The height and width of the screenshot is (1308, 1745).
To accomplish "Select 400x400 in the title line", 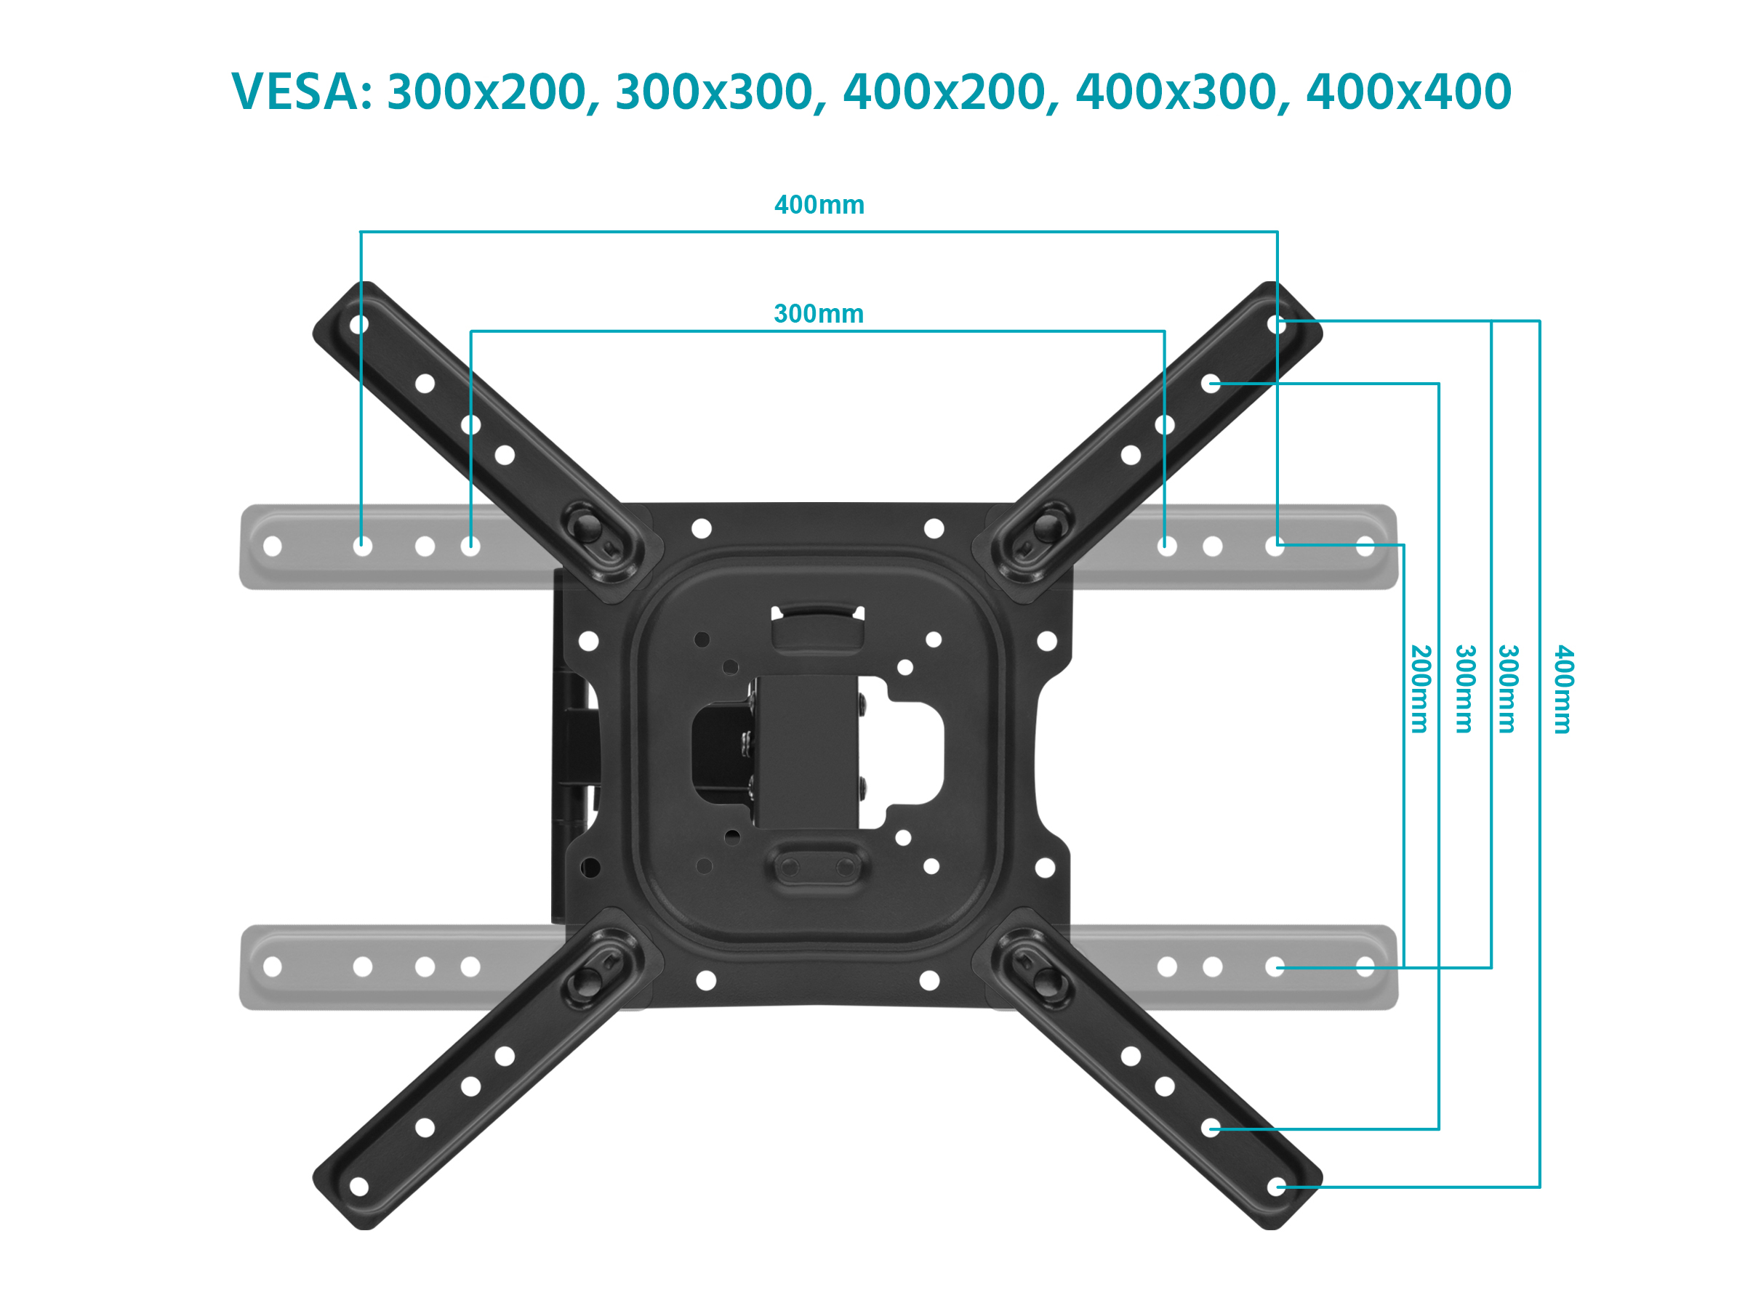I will tap(1408, 92).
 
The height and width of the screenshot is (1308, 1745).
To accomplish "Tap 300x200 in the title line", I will tap(489, 92).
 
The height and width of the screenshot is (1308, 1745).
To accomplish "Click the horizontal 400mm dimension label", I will tap(819, 205).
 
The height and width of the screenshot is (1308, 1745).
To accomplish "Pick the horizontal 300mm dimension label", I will tap(818, 314).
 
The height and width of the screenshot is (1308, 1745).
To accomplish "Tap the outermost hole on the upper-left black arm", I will tap(359, 324).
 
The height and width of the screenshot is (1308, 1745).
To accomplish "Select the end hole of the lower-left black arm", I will tap(359, 1187).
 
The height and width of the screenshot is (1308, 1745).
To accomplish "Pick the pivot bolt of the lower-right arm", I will tap(1048, 981).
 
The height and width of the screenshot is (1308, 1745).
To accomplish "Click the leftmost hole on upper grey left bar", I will tap(272, 546).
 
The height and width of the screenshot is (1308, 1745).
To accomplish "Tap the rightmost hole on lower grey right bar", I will tap(1365, 966).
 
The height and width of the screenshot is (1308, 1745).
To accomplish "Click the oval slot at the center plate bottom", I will tap(817, 867).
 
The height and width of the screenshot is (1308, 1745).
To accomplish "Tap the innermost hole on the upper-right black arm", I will tap(1131, 455).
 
